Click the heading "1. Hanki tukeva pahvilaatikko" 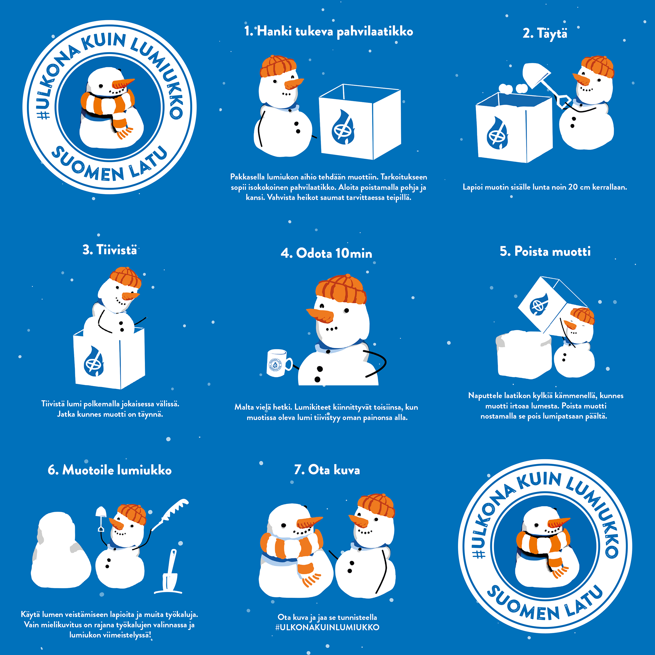(x=328, y=32)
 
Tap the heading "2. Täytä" (x=545, y=34)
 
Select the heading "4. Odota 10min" (x=327, y=253)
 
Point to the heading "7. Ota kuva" (x=327, y=470)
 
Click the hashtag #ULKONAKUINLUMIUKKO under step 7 (x=327, y=627)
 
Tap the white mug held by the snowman (x=279, y=363)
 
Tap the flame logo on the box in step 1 (x=343, y=126)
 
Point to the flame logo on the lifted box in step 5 (x=539, y=304)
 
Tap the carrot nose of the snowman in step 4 (x=320, y=316)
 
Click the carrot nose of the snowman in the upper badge (x=123, y=83)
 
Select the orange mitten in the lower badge (x=556, y=566)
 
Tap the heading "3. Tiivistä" (x=109, y=250)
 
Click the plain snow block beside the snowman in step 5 (x=524, y=355)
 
